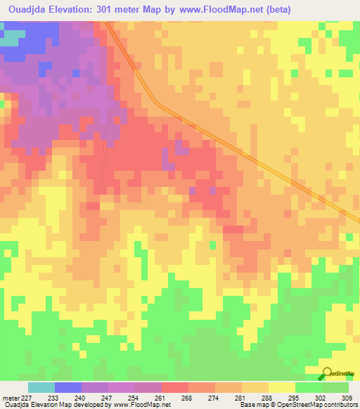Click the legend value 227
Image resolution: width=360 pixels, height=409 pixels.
click(27, 397)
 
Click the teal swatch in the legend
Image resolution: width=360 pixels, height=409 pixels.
click(41, 387)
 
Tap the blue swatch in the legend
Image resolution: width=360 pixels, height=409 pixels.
click(67, 387)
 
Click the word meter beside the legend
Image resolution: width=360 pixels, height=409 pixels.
click(10, 397)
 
